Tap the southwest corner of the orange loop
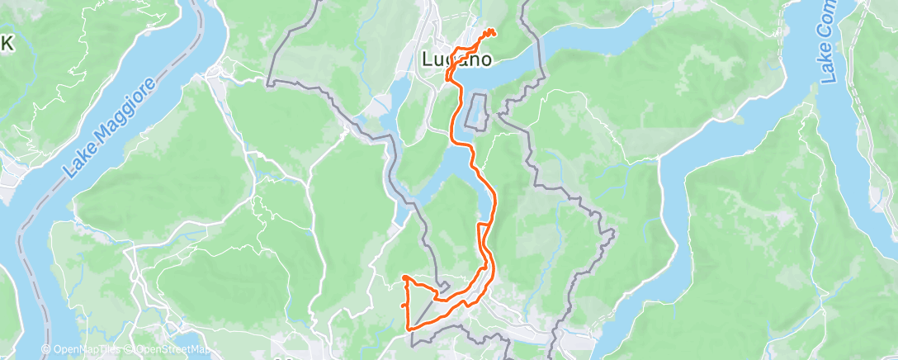pyautogui.click(x=409, y=329)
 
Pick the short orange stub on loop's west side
pyautogui.click(x=404, y=306)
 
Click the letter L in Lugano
pyautogui.click(x=428, y=59)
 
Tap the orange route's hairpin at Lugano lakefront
pyautogui.click(x=448, y=78)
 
